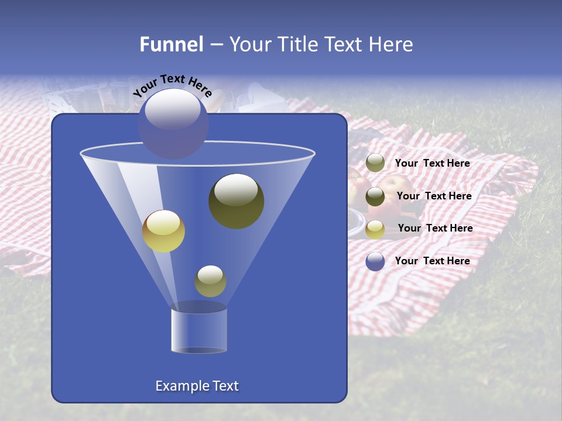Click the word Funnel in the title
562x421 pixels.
point(171,44)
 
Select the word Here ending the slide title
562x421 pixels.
point(392,44)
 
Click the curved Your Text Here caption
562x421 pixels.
point(173,85)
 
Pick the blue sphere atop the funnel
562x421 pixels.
point(173,124)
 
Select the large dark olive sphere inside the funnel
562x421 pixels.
point(236,201)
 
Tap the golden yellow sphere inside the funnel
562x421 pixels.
point(164,231)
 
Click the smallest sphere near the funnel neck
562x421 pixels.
point(210,281)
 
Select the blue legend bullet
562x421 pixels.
point(375,261)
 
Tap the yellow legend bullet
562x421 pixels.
point(375,229)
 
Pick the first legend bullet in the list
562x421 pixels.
point(375,163)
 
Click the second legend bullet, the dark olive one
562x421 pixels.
point(375,196)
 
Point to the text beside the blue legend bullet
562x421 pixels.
point(433,261)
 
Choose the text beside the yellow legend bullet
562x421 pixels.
point(435,228)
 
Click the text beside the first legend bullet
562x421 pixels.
point(433,163)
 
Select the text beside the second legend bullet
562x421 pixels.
point(434,196)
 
